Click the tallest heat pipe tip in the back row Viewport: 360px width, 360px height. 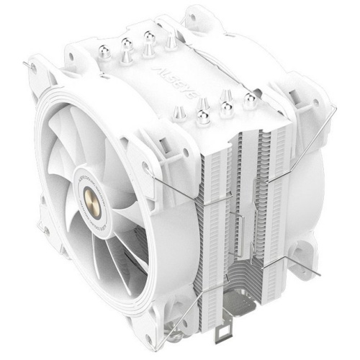pos(149,40)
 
